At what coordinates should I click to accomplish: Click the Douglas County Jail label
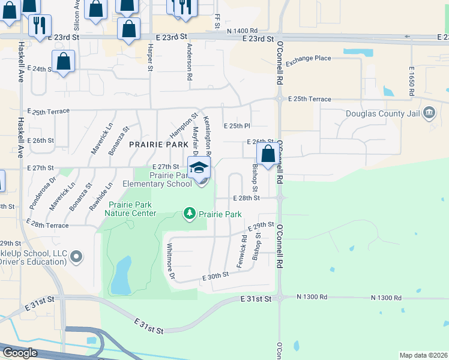[x=385, y=113]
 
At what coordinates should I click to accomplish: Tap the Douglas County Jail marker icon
[x=430, y=113]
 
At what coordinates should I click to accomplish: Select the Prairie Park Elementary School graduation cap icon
[x=199, y=168]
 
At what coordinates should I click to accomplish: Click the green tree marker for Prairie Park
[x=190, y=214]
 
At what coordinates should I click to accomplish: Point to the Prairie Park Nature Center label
[x=132, y=209]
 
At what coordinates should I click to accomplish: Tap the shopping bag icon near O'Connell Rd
[x=268, y=154]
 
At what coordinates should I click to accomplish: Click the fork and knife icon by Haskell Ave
[x=40, y=25]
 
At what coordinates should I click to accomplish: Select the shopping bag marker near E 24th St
[x=63, y=61]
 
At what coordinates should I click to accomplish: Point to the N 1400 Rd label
[x=243, y=30]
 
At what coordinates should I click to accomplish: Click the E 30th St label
[x=216, y=275]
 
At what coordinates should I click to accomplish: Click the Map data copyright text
[x=423, y=355]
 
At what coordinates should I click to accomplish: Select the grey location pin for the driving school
[x=76, y=257]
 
